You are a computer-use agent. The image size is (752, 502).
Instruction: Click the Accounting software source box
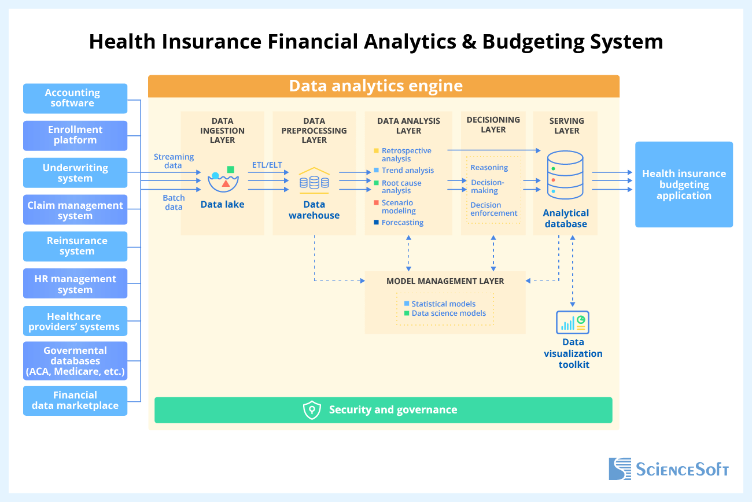coord(75,98)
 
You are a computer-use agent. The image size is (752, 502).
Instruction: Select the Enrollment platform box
coord(75,135)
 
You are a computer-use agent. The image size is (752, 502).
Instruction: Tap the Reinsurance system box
coord(75,246)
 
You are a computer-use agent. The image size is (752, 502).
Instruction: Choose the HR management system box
coord(75,285)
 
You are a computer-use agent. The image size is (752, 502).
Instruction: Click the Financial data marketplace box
coord(75,400)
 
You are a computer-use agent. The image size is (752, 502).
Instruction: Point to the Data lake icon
coord(223,180)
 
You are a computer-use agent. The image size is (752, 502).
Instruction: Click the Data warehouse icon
coord(314,180)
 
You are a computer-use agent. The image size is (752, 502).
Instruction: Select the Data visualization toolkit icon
coord(572,322)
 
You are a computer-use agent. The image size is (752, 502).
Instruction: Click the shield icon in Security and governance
coord(312,410)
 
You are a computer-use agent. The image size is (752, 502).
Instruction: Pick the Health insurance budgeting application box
coord(684,184)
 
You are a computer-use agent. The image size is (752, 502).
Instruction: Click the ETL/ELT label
coord(267,165)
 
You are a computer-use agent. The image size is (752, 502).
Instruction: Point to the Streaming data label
coord(174,161)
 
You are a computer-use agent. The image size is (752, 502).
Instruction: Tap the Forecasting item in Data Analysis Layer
coord(403,223)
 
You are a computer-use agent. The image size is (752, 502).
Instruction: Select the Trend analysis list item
coord(407,171)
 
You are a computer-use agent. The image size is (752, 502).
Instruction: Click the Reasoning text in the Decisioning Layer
coord(489,168)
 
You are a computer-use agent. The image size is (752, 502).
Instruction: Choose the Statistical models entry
coord(443,304)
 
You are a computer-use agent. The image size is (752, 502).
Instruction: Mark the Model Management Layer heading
coord(445,281)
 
